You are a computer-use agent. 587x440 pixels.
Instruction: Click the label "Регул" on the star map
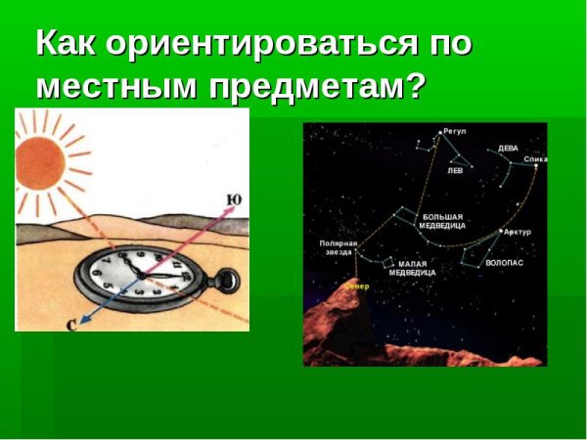pos(455,130)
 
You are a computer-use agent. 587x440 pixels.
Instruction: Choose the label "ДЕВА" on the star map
pos(508,149)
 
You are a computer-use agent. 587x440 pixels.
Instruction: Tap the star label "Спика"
pos(535,158)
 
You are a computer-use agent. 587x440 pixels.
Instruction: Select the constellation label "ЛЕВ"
pos(455,169)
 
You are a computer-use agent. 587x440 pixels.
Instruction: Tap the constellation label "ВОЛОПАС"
pos(504,263)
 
